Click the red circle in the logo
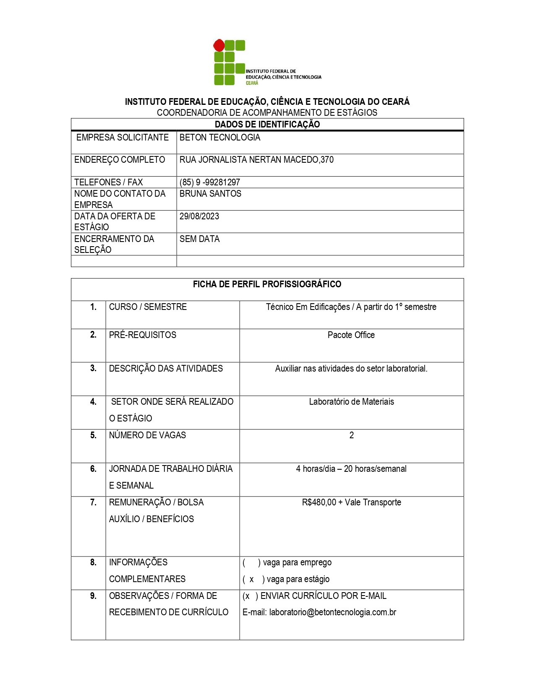click(219, 45)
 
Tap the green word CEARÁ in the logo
click(252, 83)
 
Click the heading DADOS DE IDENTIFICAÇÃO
click(267, 124)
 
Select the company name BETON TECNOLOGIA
click(220, 138)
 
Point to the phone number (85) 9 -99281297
click(210, 182)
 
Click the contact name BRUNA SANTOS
click(210, 194)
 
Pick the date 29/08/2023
click(199, 216)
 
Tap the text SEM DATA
click(199, 239)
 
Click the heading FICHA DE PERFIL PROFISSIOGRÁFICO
click(267, 284)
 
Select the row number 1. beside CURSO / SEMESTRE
click(93, 307)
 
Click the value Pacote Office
click(351, 335)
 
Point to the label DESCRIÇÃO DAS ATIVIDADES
click(166, 369)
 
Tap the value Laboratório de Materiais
click(351, 402)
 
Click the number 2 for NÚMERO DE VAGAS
click(352, 435)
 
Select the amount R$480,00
click(319, 502)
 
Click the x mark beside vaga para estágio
click(252, 580)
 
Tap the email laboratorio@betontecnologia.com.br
click(333, 612)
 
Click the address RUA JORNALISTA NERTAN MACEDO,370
click(256, 160)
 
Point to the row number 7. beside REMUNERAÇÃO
click(93, 502)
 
